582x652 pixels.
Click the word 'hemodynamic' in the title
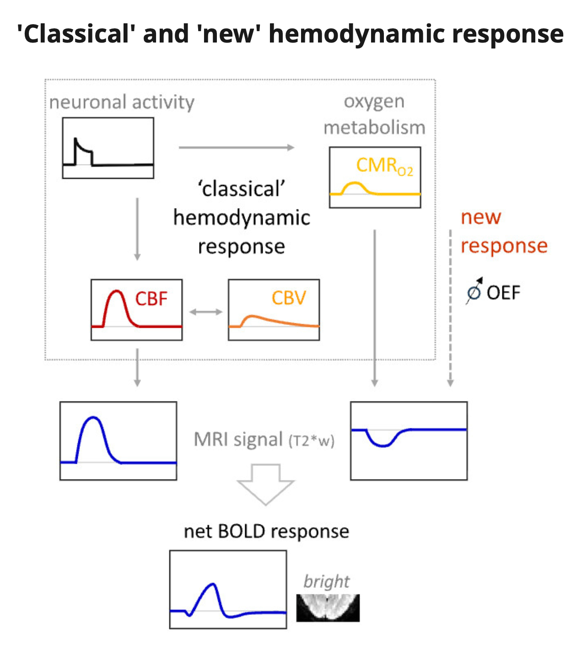356,34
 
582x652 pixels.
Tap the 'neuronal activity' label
122,102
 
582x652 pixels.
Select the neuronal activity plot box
108,148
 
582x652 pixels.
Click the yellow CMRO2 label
384,166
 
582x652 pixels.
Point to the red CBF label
151,299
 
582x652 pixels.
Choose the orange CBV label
289,298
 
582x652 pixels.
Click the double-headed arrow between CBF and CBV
205,312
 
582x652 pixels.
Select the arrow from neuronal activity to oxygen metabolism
236,147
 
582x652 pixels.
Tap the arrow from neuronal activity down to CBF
137,229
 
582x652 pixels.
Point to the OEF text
503,293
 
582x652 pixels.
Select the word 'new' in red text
481,217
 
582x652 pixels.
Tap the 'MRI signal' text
238,439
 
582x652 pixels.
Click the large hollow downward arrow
265,484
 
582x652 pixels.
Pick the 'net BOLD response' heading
266,531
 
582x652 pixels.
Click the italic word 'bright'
326,581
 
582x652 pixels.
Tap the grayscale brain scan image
328,608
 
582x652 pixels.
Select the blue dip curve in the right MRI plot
383,444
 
